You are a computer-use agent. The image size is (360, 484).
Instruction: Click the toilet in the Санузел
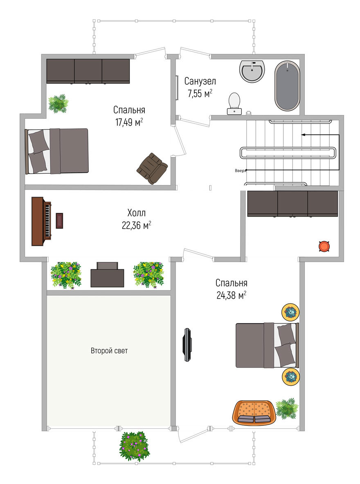(234, 104)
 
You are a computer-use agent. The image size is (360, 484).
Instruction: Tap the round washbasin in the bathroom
(252, 71)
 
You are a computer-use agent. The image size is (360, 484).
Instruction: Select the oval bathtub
(287, 86)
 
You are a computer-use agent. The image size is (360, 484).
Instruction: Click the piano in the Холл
(41, 221)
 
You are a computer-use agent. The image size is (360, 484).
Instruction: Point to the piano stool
(60, 221)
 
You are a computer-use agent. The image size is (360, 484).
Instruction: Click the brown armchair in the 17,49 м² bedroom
(153, 168)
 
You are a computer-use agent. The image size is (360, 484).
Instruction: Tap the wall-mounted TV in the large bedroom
(187, 344)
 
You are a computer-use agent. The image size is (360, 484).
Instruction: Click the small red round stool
(324, 247)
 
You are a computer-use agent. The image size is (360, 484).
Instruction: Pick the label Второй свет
(109, 351)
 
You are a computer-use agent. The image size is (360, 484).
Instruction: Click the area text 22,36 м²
(136, 225)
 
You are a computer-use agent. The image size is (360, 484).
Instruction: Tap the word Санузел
(200, 81)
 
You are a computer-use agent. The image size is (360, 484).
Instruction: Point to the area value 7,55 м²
(200, 93)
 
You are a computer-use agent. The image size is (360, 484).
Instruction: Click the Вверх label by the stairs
(240, 171)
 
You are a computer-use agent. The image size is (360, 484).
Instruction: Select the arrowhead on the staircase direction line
(303, 135)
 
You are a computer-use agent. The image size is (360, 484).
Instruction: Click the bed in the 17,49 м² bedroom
(57, 151)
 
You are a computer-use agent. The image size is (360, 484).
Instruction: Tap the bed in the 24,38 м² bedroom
(267, 345)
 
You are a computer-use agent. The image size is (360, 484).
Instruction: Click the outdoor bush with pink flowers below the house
(134, 446)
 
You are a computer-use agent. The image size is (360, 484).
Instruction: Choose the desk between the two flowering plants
(107, 275)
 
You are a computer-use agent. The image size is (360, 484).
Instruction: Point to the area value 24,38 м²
(232, 295)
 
